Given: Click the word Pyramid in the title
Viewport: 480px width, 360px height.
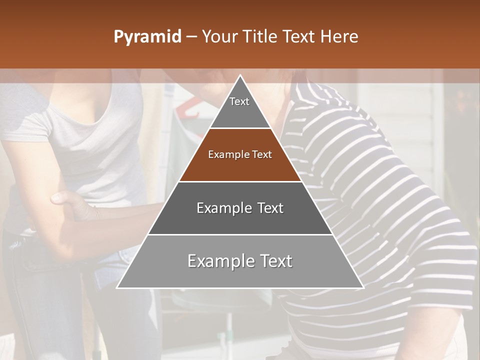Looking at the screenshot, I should tap(147, 37).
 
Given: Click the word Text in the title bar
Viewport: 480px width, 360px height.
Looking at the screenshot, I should tap(299, 37).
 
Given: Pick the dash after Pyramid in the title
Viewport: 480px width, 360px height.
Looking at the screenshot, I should tap(191, 37).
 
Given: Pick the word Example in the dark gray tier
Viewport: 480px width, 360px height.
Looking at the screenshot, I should tap(223, 208).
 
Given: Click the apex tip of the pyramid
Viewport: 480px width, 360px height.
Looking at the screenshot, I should tap(240, 76).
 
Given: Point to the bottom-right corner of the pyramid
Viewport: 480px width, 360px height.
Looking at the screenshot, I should tap(362, 287).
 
